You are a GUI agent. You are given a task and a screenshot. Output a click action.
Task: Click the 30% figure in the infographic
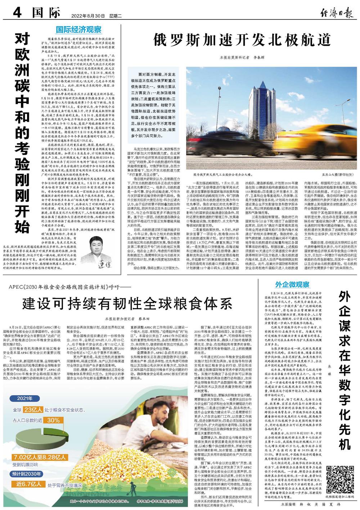click(53, 420)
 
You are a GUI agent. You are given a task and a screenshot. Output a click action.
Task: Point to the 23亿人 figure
click(33, 410)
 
